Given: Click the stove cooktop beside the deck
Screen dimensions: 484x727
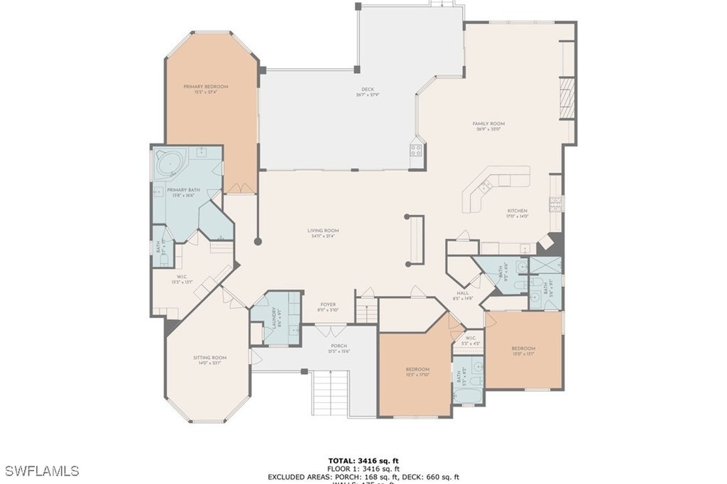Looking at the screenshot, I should coord(416,150).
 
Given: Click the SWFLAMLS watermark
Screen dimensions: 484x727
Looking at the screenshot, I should coord(40,471).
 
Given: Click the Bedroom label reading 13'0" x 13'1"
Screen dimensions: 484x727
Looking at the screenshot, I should coord(523,351).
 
